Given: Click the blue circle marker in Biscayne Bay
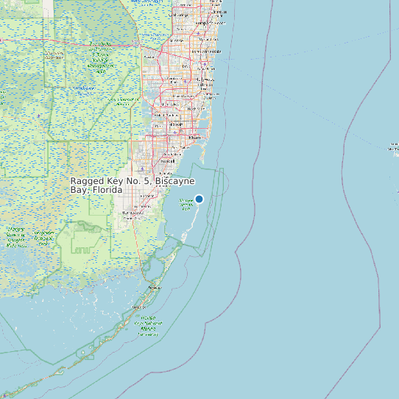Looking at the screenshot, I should [x=199, y=199].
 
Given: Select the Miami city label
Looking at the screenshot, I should [x=195, y=137].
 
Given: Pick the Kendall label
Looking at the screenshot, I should [x=168, y=160].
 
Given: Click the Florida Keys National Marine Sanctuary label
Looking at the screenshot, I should [x=148, y=325].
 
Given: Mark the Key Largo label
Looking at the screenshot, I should [x=153, y=287].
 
